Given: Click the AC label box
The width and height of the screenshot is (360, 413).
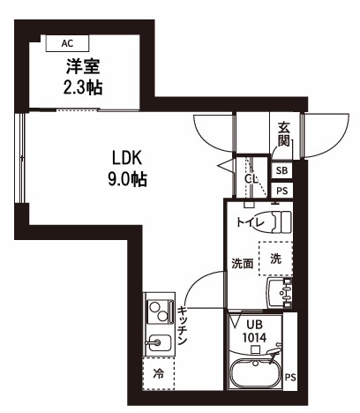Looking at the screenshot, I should [x=68, y=42].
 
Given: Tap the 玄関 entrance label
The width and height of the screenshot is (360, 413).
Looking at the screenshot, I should [x=284, y=135].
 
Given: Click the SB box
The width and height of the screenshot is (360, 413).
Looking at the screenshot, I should [x=281, y=170].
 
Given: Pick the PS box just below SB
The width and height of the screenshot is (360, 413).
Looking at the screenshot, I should [x=281, y=191].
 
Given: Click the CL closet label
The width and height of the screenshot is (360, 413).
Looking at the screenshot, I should [x=251, y=179].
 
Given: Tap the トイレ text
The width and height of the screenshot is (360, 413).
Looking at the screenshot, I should [x=250, y=223].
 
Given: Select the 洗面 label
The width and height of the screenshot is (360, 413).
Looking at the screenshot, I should [x=243, y=262].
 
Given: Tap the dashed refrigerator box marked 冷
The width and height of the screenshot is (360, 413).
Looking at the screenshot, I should [x=159, y=374].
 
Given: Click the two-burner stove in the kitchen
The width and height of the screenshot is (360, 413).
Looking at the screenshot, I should [x=159, y=311].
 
